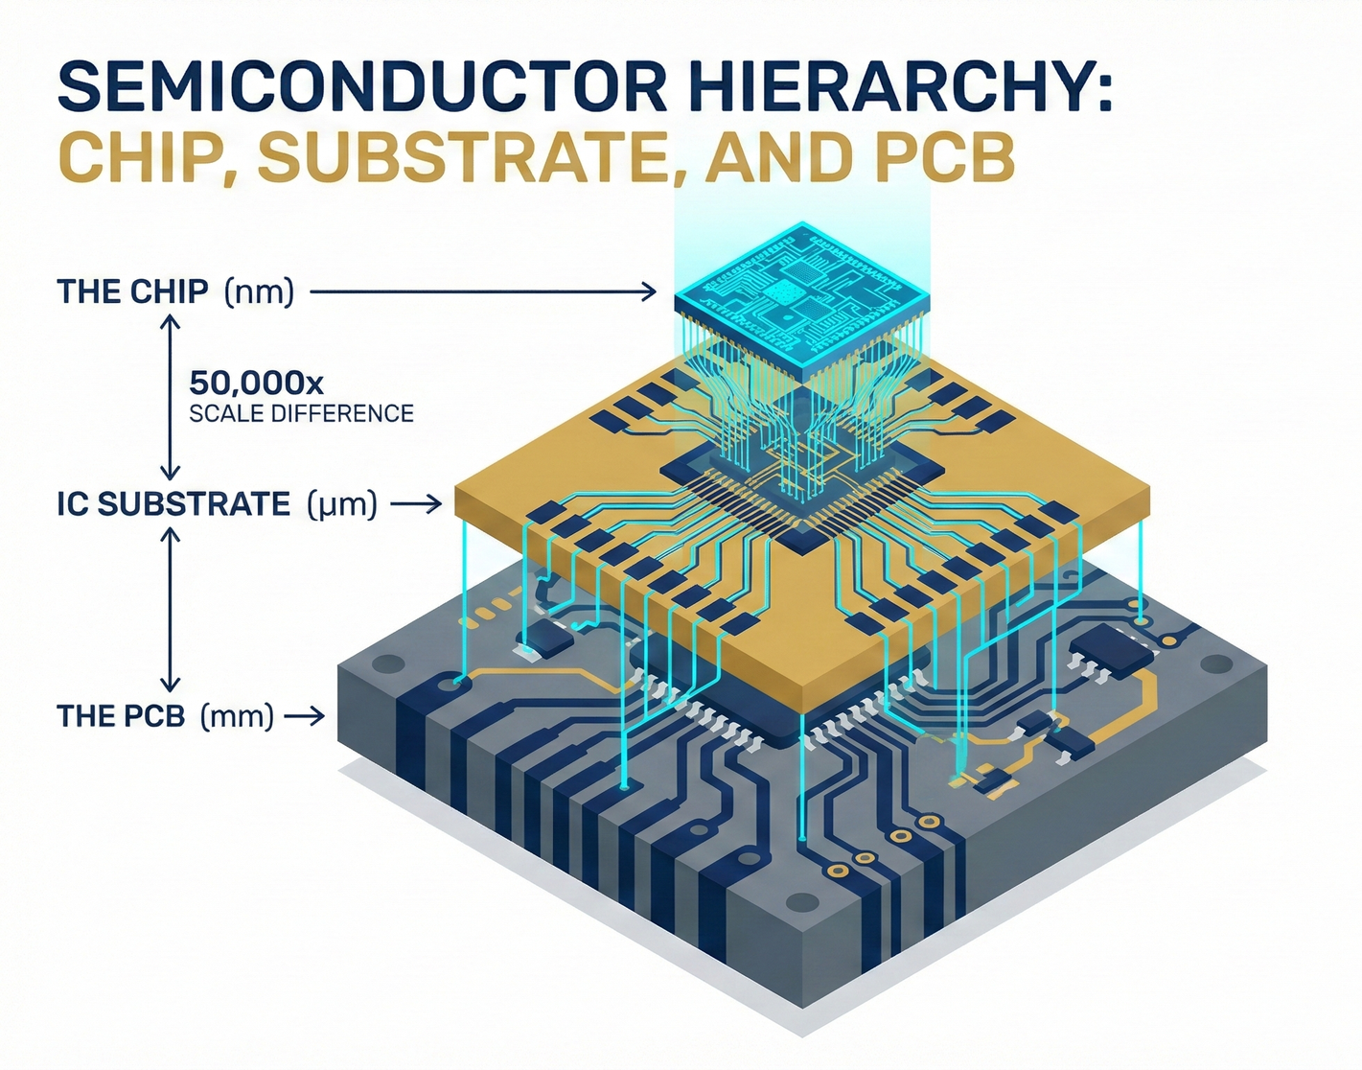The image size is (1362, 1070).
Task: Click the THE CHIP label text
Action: click(132, 291)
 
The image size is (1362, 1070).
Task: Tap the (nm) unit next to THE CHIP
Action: click(259, 291)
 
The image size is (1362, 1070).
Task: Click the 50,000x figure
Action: click(256, 384)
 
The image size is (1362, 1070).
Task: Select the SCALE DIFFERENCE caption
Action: click(301, 414)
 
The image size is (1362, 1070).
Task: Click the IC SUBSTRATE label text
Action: click(173, 504)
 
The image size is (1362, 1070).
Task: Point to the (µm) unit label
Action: click(342, 504)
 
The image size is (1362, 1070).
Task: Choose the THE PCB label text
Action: click(121, 716)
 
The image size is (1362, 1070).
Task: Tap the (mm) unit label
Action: click(237, 716)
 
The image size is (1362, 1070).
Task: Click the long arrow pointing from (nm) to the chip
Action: click(483, 291)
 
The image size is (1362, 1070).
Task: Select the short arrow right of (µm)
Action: click(417, 504)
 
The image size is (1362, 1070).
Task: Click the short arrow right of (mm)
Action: click(305, 716)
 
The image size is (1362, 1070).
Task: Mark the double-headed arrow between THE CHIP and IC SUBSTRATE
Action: click(170, 398)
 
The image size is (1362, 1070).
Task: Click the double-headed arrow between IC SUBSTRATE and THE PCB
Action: click(170, 610)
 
